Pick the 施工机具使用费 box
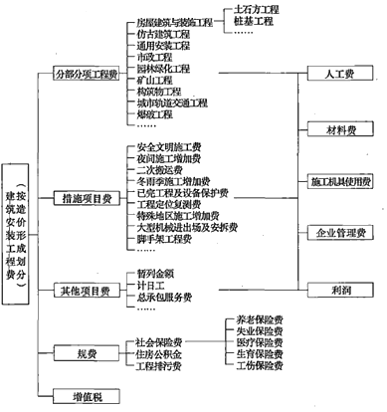(340, 182)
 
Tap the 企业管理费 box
(340, 235)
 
